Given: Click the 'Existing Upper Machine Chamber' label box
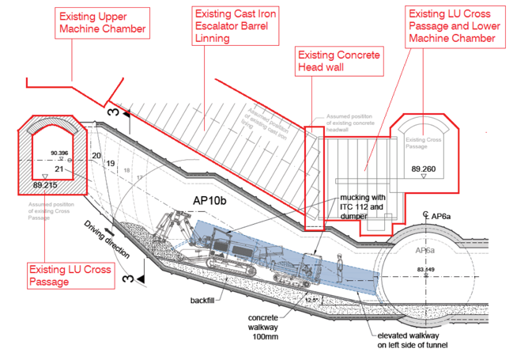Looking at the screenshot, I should coord(104,23).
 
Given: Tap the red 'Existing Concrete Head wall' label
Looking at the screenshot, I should coord(338,61).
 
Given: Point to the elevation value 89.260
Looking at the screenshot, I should coord(424,169).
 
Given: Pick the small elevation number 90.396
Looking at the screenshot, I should coord(58,152).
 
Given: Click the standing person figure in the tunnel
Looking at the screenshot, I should coord(341,267).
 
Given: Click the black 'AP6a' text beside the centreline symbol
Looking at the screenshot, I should coord(439,215).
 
